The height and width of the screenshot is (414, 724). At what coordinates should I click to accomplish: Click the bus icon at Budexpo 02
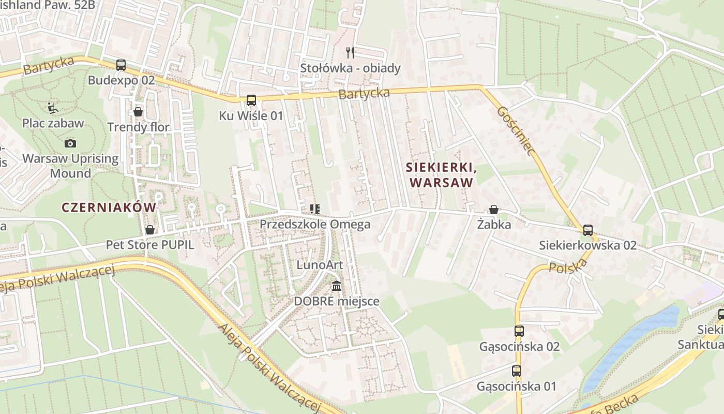pos(121,65)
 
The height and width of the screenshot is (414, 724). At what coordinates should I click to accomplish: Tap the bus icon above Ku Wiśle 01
pos(251,100)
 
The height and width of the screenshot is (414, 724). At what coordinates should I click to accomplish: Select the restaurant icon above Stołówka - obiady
pos(350,52)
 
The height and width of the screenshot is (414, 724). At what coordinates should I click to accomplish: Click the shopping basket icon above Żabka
pos(494,210)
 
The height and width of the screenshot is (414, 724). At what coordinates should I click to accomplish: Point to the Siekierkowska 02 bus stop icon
pos(587,230)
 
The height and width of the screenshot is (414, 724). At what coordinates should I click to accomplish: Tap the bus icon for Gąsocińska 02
pos(519,331)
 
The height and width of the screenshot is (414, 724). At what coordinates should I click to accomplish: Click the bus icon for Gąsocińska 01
pos(517,371)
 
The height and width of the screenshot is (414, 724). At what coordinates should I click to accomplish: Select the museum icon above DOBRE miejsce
pos(337,286)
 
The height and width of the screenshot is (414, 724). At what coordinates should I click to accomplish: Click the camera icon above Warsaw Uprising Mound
pos(70,143)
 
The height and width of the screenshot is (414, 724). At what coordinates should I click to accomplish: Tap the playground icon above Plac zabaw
pos(52,108)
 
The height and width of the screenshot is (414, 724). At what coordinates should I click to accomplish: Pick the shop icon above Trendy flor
pos(138,111)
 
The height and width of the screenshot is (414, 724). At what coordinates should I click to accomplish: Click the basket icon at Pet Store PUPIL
pos(150,229)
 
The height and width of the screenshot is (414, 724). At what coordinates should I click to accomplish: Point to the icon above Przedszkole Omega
pos(314,209)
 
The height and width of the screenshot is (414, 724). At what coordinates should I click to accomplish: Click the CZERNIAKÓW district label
pos(109,208)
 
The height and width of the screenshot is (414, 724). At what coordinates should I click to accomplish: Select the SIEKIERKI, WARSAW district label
pos(440,175)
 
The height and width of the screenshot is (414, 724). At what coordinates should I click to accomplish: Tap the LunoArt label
pos(320,265)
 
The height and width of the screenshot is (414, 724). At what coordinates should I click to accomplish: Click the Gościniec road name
pos(515,131)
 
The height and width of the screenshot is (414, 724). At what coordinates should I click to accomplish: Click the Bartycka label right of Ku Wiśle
pos(364,94)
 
